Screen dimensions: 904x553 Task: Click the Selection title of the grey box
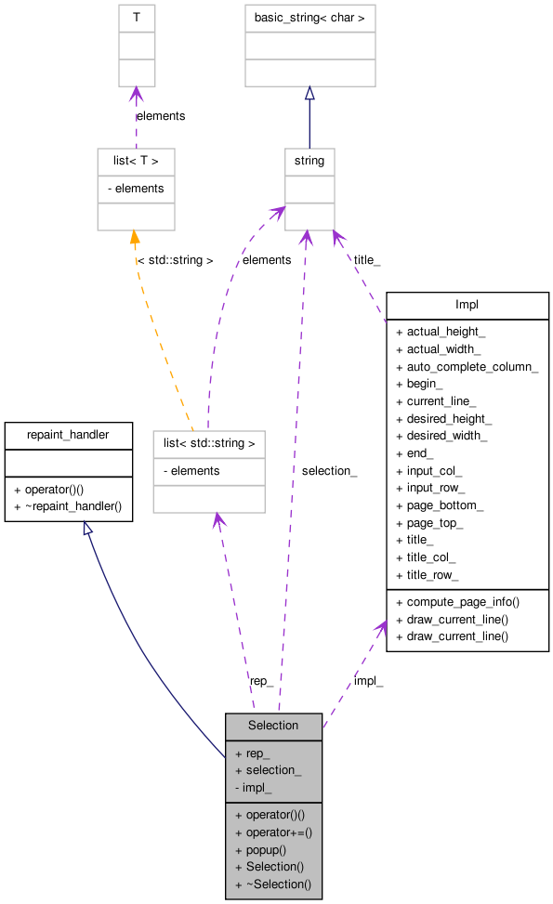[x=273, y=726]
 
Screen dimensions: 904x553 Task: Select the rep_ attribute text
[x=257, y=753]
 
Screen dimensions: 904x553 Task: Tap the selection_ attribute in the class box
[x=273, y=770]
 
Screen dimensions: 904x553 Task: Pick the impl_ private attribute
[x=257, y=788]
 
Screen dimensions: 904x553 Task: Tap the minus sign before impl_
[x=238, y=788]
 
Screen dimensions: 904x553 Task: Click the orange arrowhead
[x=135, y=238]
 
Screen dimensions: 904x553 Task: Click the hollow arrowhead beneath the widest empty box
[x=309, y=93]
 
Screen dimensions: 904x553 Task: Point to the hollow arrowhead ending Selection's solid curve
[x=87, y=529]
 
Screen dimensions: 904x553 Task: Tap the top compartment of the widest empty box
[x=309, y=19]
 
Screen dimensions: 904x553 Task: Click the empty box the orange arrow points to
[x=136, y=190]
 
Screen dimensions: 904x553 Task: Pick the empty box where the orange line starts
[x=208, y=472]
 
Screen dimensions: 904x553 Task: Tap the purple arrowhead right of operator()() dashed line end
[x=379, y=628]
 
